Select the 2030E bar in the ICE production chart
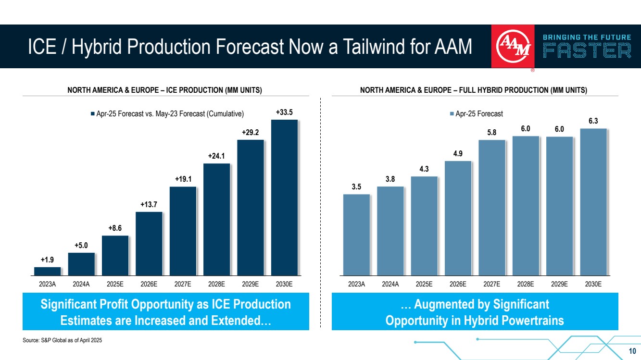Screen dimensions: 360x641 284,197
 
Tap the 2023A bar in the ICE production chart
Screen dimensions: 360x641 47,271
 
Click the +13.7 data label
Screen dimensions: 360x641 149,205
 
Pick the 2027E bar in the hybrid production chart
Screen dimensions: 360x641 492,207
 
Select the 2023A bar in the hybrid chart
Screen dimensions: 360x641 356,234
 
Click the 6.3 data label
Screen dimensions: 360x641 593,121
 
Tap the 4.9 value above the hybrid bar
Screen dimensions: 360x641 458,154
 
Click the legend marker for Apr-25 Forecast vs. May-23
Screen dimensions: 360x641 93,114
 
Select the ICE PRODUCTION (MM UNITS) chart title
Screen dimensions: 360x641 164,90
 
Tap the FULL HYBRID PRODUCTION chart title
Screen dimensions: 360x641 475,90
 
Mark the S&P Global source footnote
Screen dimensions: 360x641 63,340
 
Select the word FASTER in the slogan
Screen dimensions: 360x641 587,51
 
